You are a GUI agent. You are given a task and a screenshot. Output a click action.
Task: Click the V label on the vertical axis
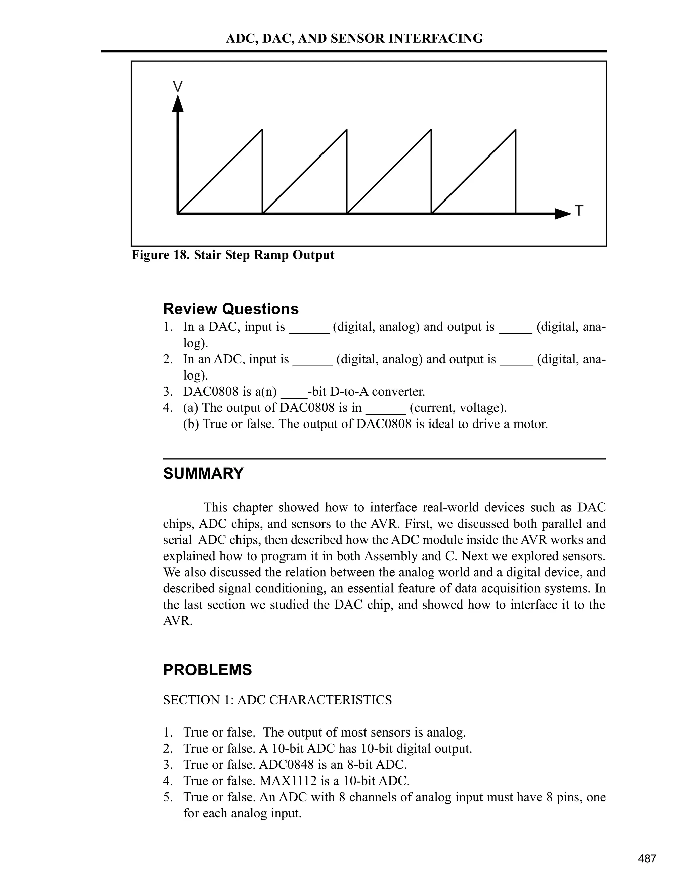click(x=178, y=86)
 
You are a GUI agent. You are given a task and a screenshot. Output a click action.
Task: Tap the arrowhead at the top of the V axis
click(x=178, y=103)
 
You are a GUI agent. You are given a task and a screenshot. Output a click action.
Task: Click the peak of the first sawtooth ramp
click(x=262, y=130)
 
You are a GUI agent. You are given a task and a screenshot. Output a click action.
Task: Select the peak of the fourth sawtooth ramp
click(x=516, y=130)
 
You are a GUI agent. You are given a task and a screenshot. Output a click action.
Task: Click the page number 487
click(x=647, y=859)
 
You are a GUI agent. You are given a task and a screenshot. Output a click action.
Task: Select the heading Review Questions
click(x=231, y=309)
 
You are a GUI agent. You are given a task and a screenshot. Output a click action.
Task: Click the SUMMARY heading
click(x=203, y=474)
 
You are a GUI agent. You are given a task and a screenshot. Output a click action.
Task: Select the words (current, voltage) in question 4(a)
click(x=458, y=408)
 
